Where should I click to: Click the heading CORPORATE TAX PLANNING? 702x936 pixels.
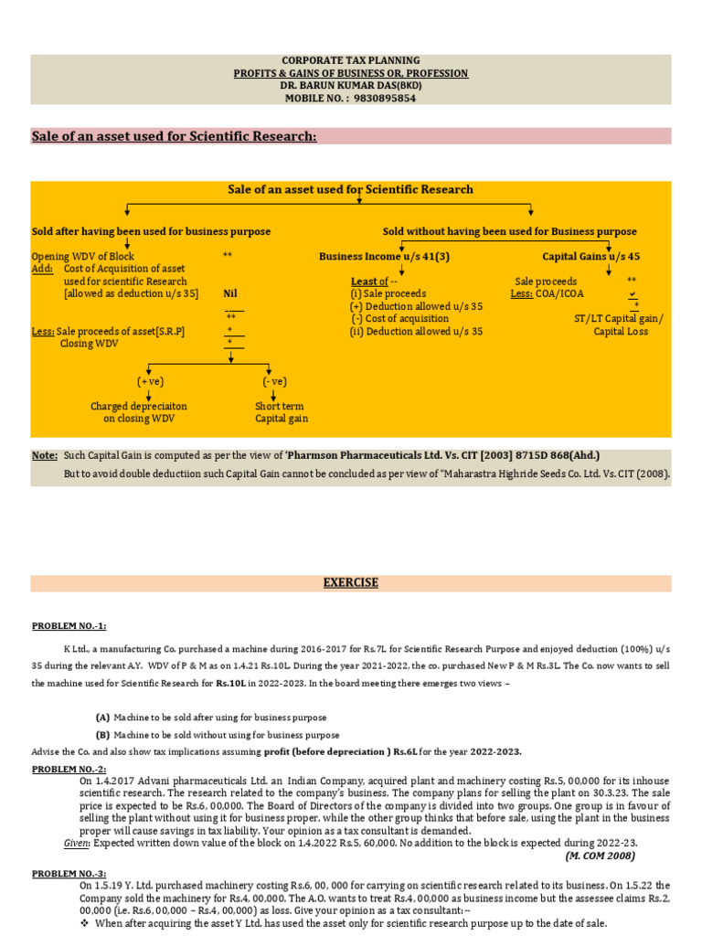(350, 60)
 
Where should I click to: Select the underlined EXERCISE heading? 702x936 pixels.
(350, 583)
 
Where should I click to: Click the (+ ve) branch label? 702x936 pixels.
(150, 381)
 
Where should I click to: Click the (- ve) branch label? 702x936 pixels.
(274, 381)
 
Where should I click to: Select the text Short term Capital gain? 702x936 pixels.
(281, 412)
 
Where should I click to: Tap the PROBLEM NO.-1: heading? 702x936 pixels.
(69, 626)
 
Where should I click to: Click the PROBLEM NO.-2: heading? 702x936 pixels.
(69, 770)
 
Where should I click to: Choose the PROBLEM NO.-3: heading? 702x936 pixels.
(69, 875)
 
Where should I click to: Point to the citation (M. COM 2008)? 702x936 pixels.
(600, 856)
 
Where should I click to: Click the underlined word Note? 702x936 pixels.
(45, 455)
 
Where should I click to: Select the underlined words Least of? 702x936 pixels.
(369, 282)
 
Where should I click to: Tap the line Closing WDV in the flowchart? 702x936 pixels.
(90, 344)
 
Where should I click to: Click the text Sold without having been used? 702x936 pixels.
(509, 232)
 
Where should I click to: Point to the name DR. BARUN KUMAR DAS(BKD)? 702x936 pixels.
(350, 86)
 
